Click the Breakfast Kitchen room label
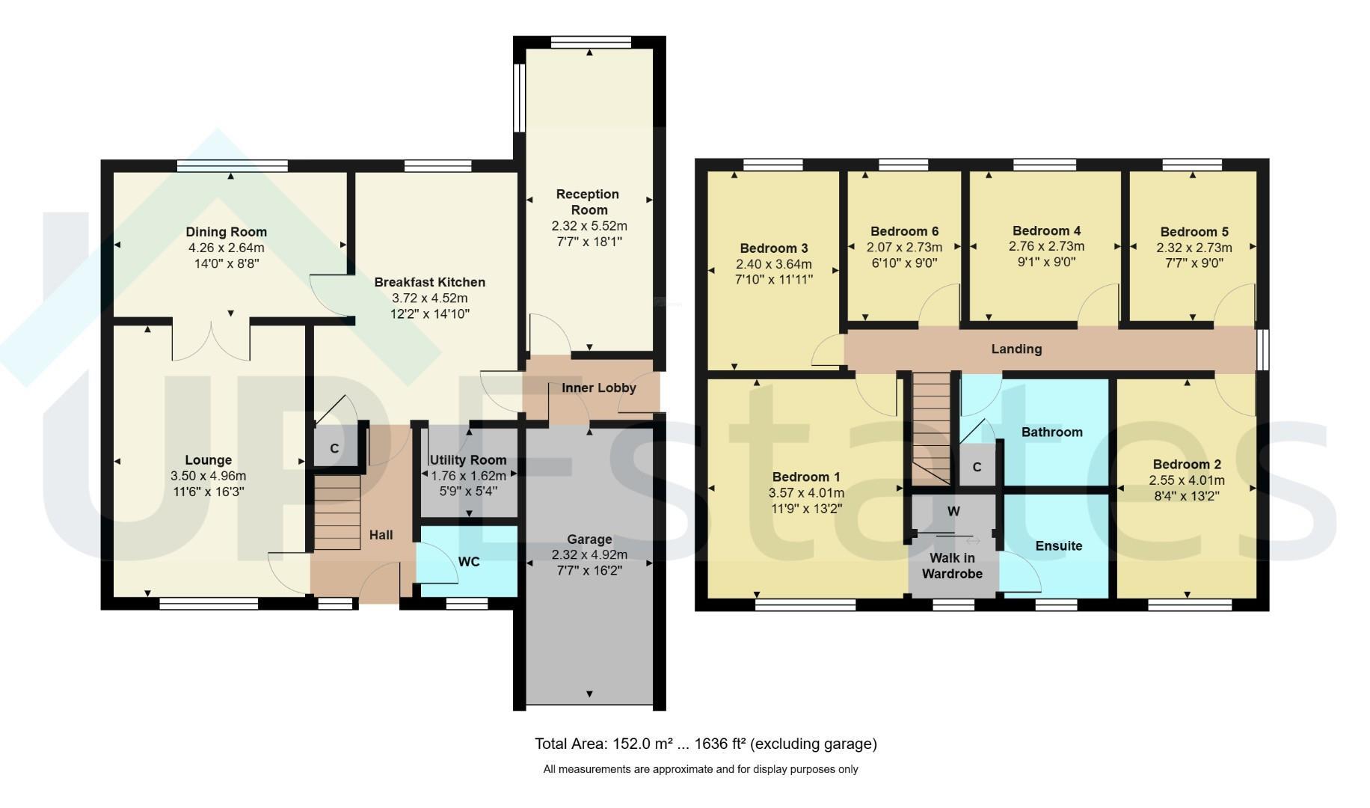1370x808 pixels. coord(429,282)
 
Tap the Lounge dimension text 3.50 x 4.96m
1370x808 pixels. coord(208,476)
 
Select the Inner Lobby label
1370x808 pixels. coord(599,388)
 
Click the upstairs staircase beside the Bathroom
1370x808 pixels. coord(931,428)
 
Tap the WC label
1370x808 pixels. coord(469,562)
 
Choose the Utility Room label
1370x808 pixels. coord(468,460)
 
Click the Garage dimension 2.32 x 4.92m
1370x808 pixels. coord(589,555)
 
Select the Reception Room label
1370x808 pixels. coord(588,202)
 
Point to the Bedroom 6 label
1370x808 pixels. coord(904,231)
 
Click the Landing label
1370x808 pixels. coord(1016,349)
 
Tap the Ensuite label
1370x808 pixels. coord(1058,545)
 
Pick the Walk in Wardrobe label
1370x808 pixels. coord(952,566)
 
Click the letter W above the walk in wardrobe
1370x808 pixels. coord(953,512)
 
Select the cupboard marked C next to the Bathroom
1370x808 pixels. coord(977,468)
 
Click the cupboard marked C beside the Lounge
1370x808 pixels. coord(334,448)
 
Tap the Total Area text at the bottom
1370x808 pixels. coord(705,744)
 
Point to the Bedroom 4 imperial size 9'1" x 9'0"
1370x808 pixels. coord(1046,262)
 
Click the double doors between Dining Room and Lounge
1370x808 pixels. coord(212,340)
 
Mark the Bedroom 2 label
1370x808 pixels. coord(1187,465)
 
